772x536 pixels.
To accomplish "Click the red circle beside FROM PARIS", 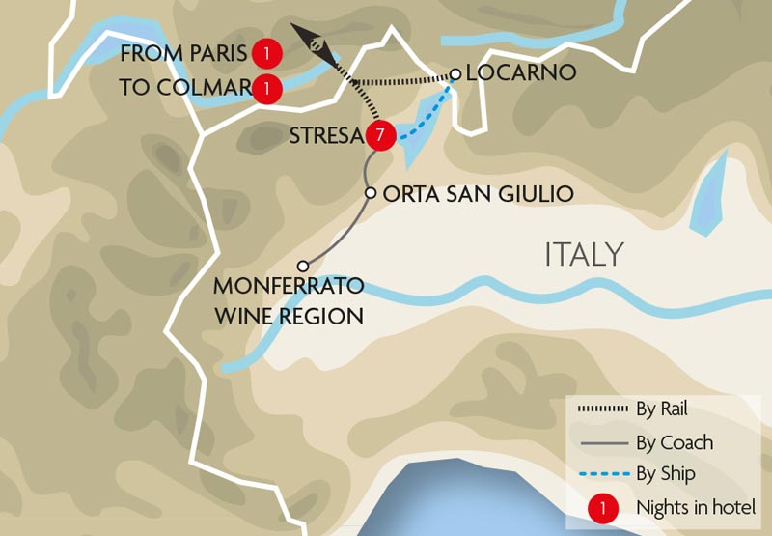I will click(266, 53).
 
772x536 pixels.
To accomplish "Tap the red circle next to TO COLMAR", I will click(266, 88).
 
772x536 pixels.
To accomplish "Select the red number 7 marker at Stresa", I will click(379, 136).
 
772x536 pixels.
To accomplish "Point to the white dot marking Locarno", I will click(455, 73).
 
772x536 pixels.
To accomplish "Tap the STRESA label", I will click(324, 136).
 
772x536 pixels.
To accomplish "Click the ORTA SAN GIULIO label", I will click(478, 194).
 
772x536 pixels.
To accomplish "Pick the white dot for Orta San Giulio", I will click(370, 193).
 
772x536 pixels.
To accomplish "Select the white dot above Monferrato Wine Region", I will click(303, 266).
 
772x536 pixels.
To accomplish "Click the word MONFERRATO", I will click(289, 288).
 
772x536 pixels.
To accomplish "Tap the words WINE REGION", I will click(289, 315).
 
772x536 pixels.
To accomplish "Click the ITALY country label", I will click(584, 255).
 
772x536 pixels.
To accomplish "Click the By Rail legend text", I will click(662, 409).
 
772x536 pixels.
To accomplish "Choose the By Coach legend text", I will click(675, 443).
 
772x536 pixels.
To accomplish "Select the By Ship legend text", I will click(666, 474).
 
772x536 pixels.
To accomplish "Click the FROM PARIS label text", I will click(183, 53).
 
